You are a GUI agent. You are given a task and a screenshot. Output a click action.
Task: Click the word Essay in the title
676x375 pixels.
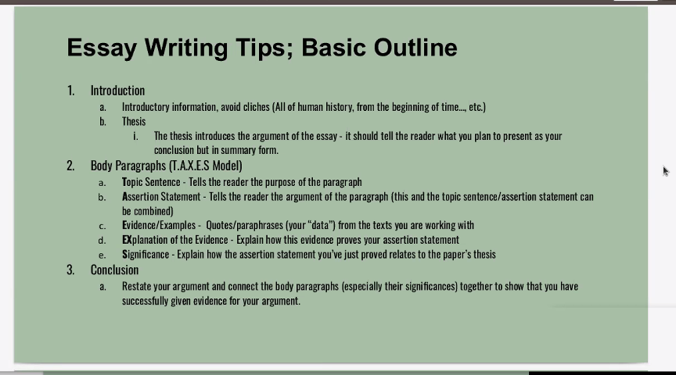[x=102, y=48]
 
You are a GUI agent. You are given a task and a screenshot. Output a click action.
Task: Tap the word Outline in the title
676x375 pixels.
[x=415, y=47]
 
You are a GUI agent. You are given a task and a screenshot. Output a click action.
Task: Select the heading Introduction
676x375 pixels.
[x=117, y=91]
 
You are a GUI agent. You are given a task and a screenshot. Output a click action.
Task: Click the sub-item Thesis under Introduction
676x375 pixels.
[x=134, y=121]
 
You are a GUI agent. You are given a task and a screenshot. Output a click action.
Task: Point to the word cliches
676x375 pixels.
[x=256, y=107]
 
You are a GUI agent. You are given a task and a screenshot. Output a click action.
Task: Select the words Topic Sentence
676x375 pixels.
[x=151, y=182]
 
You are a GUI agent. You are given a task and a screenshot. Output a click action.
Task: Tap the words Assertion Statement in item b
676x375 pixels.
[x=161, y=197]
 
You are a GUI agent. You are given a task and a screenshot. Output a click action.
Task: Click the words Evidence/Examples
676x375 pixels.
[x=159, y=225]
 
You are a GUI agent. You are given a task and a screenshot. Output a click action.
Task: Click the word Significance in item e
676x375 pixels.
[x=146, y=255]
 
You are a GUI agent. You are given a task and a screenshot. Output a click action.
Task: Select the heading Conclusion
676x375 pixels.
[x=115, y=270]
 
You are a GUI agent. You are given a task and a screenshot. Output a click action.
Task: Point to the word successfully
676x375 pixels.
[x=145, y=301]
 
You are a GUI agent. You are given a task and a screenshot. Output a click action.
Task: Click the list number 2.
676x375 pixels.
[x=70, y=166]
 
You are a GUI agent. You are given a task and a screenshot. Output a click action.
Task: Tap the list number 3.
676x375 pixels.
[x=70, y=270]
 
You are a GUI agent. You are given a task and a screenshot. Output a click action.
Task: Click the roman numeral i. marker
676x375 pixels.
[x=135, y=136]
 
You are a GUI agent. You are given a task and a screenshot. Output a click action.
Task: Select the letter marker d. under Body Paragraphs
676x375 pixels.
[x=102, y=241]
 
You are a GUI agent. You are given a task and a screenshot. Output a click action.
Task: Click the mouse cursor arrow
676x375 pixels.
[x=666, y=171]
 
